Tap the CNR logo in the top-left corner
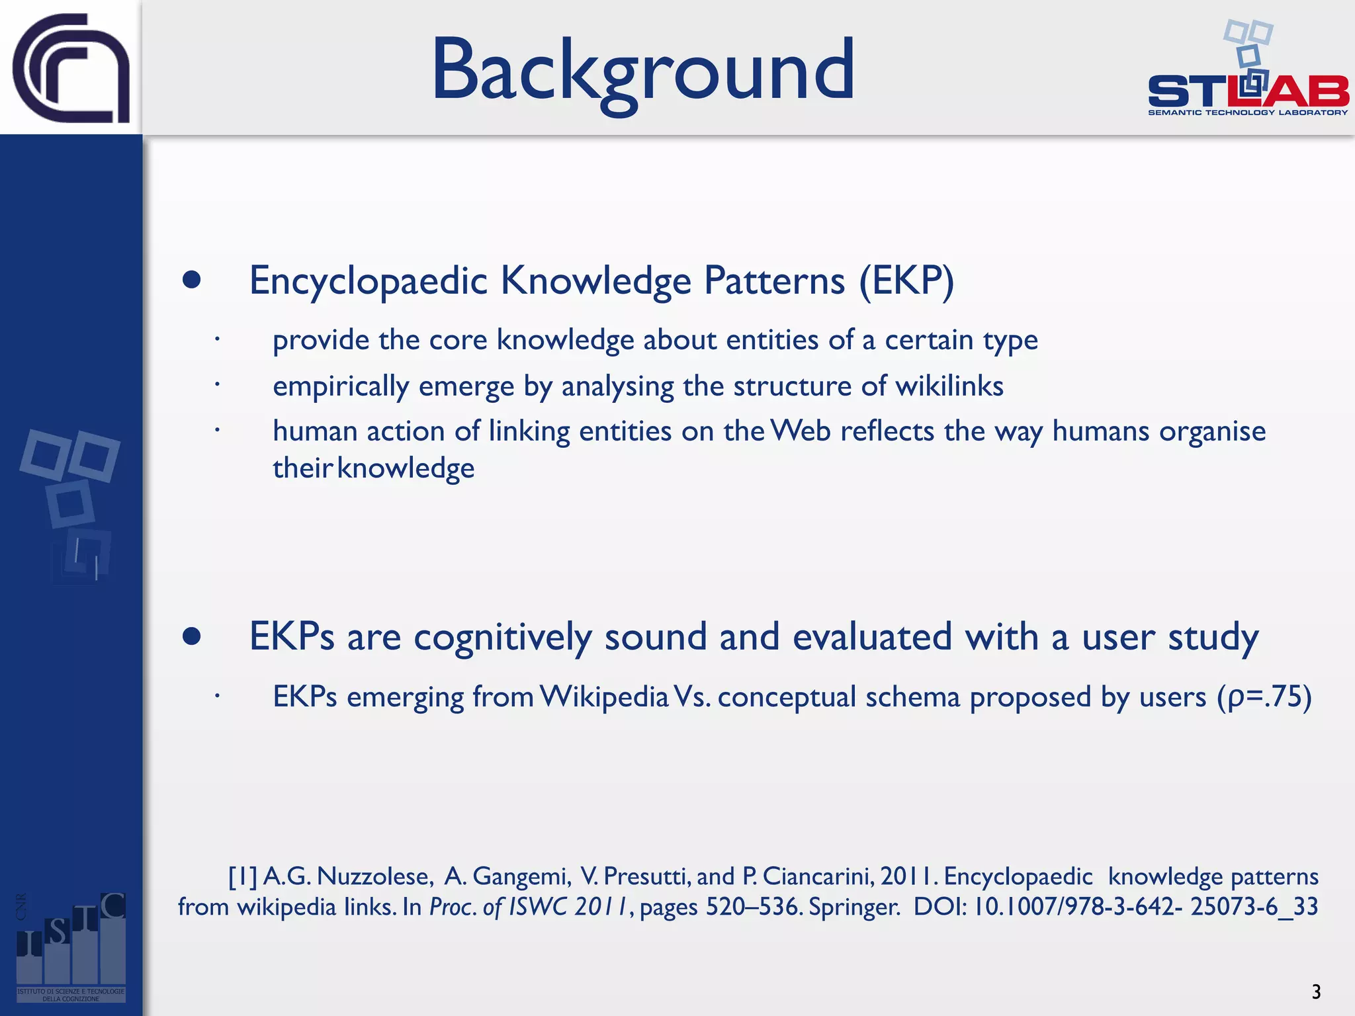71,68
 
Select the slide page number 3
1315,992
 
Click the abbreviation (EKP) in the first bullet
906,280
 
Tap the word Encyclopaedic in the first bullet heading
369,280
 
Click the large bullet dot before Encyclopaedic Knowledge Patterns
192,280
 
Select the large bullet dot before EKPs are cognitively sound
192,636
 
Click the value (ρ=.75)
1264,697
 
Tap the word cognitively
502,638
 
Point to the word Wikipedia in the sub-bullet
604,697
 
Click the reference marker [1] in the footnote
242,876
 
